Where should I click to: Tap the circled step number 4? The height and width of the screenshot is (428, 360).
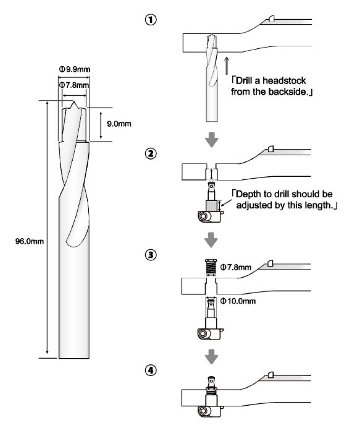pos(150,369)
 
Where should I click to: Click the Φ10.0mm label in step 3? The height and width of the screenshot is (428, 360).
pos(238,301)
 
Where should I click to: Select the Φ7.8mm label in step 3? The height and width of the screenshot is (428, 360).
pos(236,267)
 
